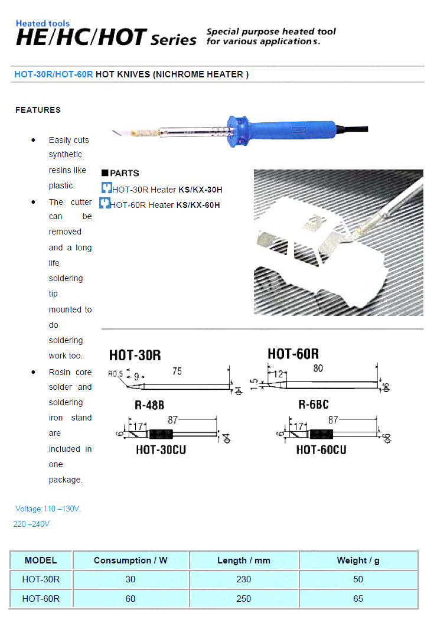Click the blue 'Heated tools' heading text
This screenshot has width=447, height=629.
click(x=43, y=23)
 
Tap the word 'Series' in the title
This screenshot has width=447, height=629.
click(x=174, y=40)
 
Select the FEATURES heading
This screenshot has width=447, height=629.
click(x=38, y=110)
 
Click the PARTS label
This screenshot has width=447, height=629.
click(x=124, y=173)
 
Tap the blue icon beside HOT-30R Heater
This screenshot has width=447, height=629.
click(x=106, y=188)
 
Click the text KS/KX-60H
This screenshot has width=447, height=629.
click(x=198, y=205)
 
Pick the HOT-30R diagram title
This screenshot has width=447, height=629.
click(x=135, y=356)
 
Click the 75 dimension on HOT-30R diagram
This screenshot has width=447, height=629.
click(x=177, y=371)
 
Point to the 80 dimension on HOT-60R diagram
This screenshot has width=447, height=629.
click(x=318, y=368)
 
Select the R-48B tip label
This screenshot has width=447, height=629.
click(x=149, y=405)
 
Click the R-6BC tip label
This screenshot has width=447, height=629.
click(x=314, y=405)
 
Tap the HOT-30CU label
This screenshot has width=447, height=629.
click(x=161, y=449)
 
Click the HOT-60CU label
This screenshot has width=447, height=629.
click(x=321, y=449)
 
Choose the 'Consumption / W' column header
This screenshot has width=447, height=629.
click(x=130, y=560)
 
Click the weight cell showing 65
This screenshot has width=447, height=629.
click(x=358, y=598)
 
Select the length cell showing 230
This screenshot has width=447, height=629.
click(x=243, y=579)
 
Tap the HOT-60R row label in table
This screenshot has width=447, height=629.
click(x=41, y=598)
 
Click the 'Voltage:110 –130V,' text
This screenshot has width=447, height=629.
click(x=48, y=509)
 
